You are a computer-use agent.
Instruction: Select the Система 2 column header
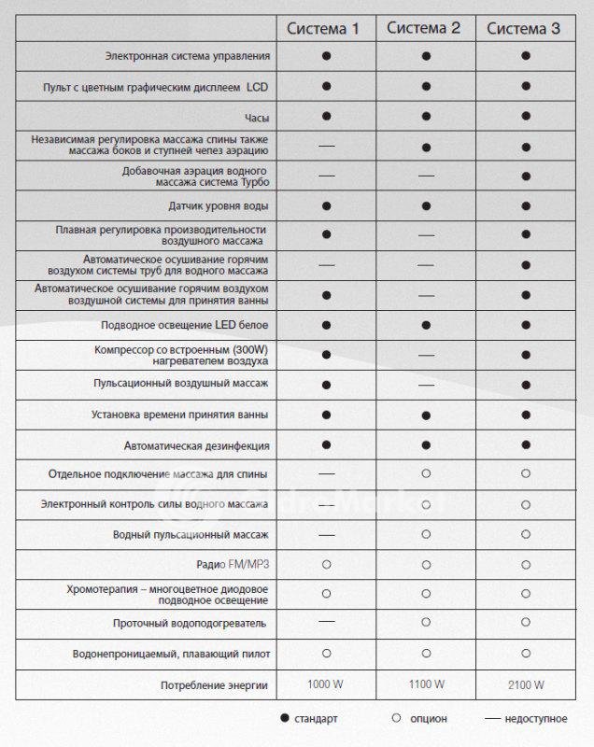point(426,28)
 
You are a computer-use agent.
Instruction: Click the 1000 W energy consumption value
point(326,685)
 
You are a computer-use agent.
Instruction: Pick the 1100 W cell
point(426,685)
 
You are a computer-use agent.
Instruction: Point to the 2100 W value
point(526,685)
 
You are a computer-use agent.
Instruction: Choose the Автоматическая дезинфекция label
point(196,444)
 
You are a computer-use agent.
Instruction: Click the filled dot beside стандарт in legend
point(284,719)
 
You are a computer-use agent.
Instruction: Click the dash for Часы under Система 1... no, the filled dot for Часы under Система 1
point(326,116)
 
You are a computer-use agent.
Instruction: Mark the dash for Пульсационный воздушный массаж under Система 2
point(426,385)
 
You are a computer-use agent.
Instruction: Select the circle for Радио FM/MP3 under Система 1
point(326,564)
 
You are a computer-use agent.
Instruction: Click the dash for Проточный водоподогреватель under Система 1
point(326,621)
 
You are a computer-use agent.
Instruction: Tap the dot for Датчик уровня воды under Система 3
point(526,205)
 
